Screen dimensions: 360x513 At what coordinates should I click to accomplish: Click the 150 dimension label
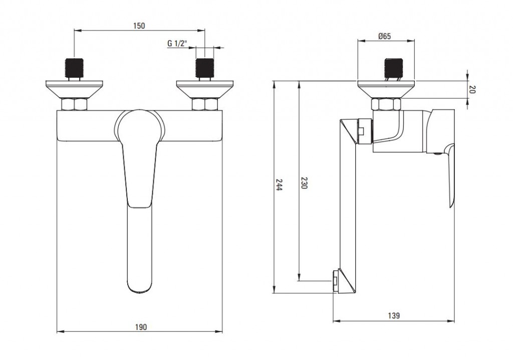point(139,26)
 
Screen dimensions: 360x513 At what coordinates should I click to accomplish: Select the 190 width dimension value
point(141,327)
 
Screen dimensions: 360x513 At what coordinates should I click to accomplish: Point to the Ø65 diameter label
point(385,36)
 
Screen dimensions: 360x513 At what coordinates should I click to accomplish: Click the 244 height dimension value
point(280,187)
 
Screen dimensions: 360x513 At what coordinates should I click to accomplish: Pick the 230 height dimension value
point(304,183)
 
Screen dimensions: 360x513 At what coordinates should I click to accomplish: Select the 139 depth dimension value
point(394,316)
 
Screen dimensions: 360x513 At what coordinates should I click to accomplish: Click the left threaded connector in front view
point(74,69)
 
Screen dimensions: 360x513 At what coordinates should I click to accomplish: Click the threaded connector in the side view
point(393,69)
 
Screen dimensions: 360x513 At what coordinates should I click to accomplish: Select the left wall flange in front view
point(74,89)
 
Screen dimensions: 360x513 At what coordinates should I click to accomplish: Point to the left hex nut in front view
point(74,105)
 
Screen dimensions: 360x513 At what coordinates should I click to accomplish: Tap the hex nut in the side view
point(386,105)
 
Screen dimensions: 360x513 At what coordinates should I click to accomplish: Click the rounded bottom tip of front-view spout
point(139,288)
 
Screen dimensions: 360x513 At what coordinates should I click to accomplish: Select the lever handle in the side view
point(449,175)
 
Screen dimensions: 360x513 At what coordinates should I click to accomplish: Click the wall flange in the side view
point(386,89)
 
